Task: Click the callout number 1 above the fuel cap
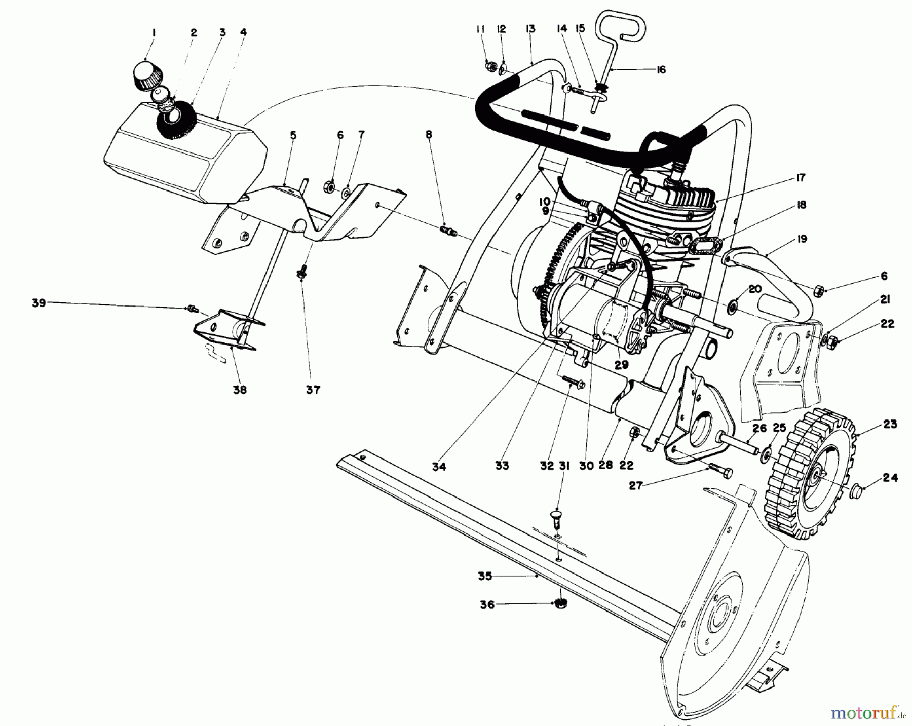tap(154, 33)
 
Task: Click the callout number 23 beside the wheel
tap(890, 424)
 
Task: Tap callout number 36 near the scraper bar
tap(487, 604)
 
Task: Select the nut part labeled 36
tap(560, 603)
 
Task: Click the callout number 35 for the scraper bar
tap(485, 576)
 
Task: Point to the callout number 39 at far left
tap(39, 303)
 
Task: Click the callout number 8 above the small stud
tap(429, 135)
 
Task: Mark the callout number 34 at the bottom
tap(439, 467)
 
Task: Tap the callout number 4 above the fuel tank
tap(243, 32)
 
